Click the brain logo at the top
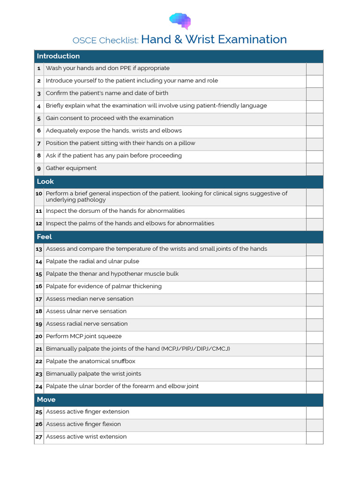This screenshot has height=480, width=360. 180,21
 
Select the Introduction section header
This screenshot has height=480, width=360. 58,56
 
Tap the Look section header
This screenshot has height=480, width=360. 45,181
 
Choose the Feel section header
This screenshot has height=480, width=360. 45,237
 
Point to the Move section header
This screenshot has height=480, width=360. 46,400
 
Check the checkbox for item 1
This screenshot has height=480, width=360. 315,69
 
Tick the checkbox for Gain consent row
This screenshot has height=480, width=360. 315,119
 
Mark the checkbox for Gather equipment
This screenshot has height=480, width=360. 315,169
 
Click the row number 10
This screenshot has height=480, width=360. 39,194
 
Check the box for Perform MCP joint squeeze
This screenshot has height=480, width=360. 315,337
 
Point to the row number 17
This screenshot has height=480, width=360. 39,299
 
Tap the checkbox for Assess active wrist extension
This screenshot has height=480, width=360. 315,437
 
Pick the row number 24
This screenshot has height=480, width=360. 39,387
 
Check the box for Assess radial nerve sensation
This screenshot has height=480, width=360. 315,324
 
